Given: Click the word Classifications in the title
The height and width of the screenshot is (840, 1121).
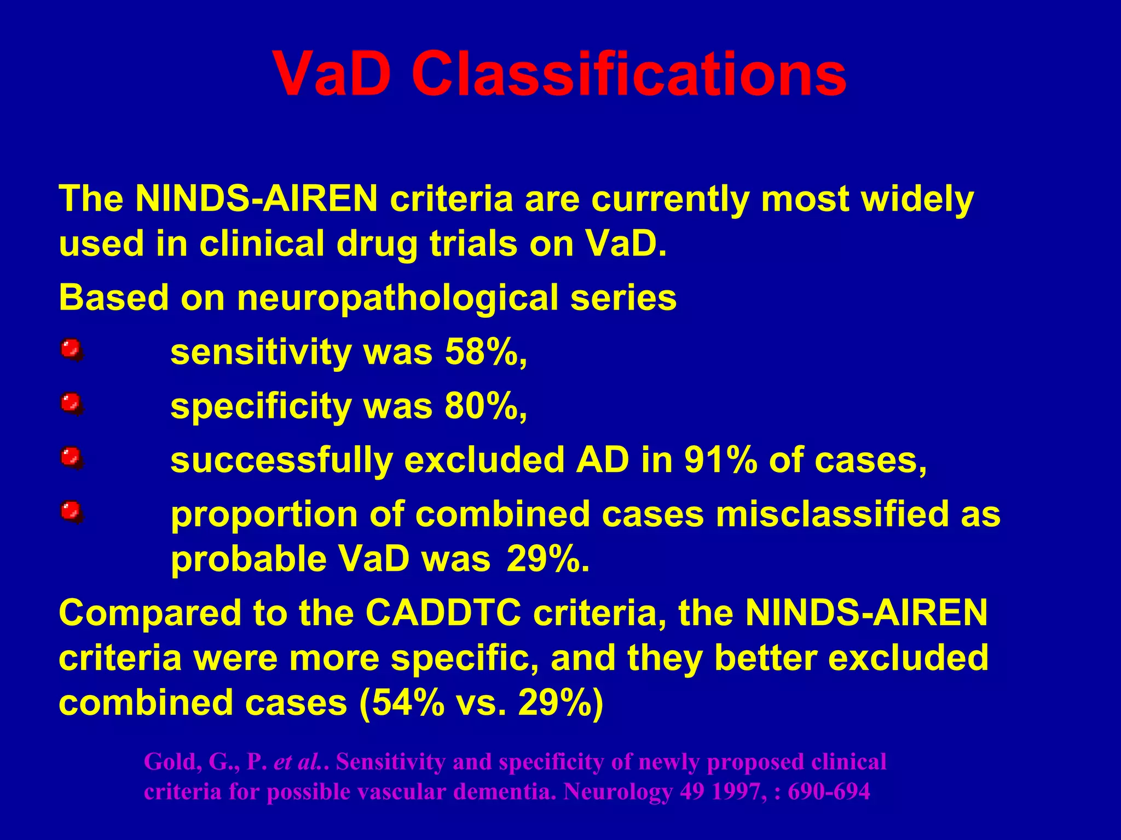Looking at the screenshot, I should tap(628, 74).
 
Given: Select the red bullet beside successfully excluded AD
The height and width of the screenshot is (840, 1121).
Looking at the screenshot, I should tap(71, 458).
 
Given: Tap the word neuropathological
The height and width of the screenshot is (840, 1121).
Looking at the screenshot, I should tap(397, 299).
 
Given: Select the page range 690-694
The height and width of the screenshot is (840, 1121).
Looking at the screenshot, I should tap(829, 791).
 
